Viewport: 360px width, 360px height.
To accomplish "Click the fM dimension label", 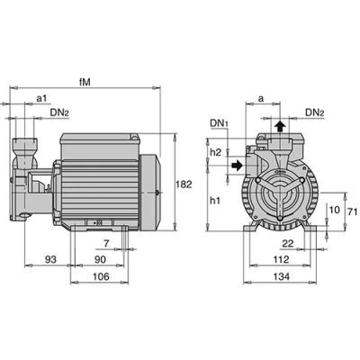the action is click(x=85, y=82).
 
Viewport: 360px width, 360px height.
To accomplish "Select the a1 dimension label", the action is click(x=41, y=98).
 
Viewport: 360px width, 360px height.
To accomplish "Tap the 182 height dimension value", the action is click(x=184, y=184).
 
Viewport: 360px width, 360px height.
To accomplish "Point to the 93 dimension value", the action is click(x=50, y=259).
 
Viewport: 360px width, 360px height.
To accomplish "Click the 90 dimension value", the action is click(x=100, y=259).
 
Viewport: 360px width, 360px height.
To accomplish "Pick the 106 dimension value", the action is click(x=101, y=276).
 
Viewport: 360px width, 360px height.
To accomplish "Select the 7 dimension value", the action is click(x=106, y=244).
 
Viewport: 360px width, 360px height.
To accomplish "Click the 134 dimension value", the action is click(x=282, y=276).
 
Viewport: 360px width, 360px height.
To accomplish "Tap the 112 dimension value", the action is click(x=282, y=259).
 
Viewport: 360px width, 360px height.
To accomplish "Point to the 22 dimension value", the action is click(x=288, y=243).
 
